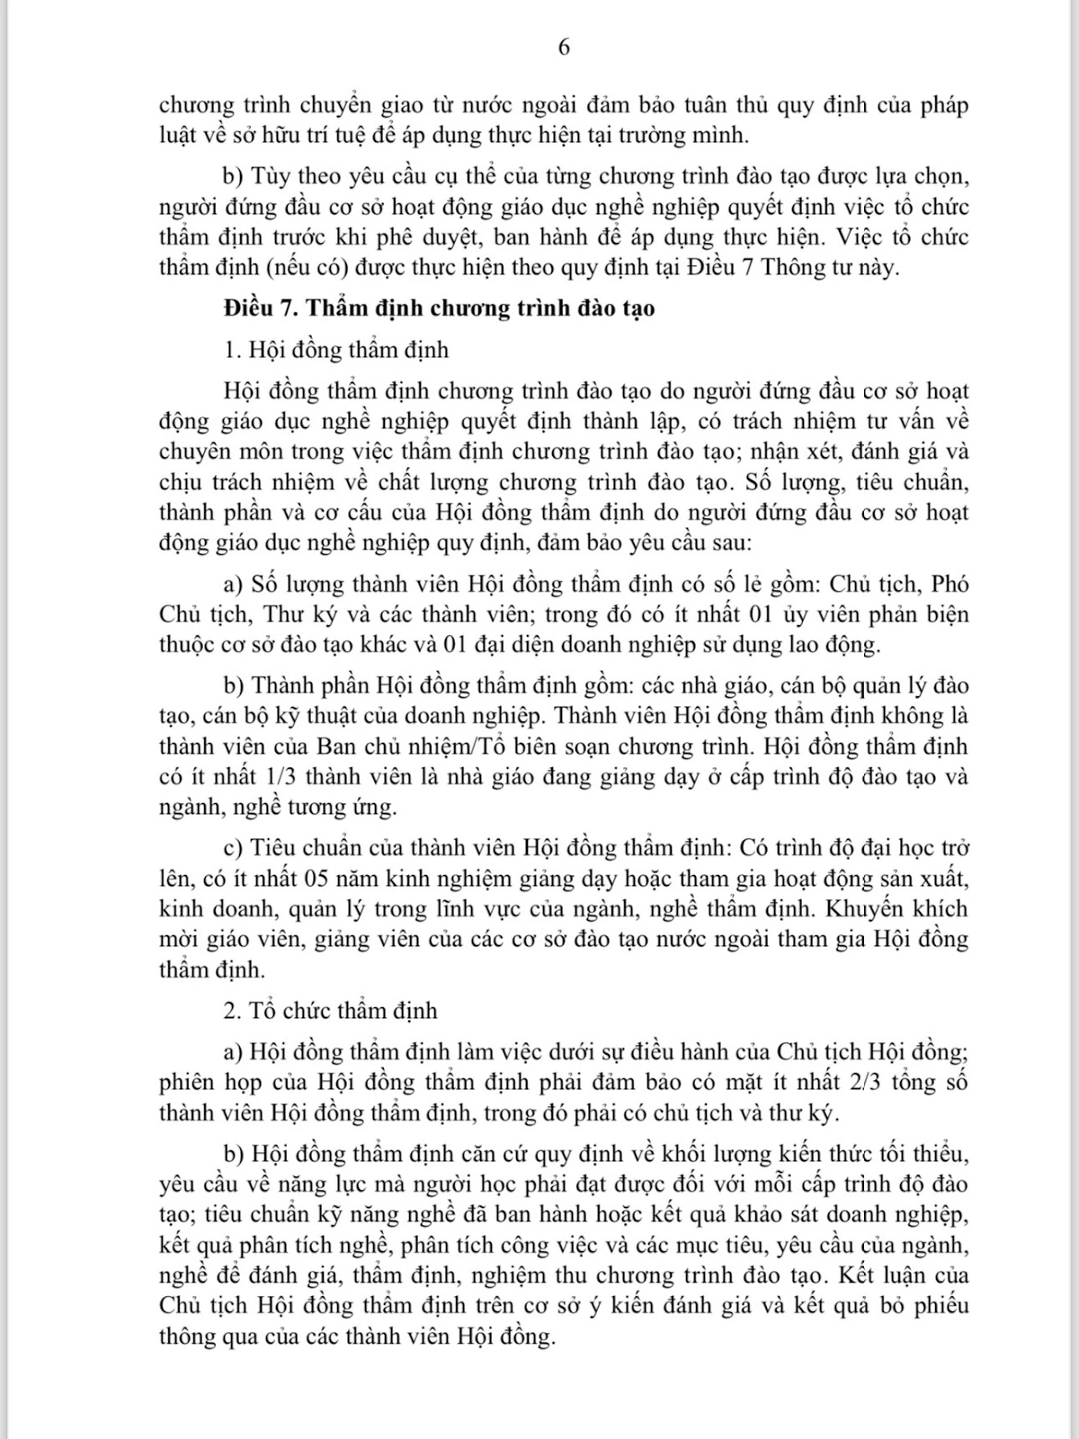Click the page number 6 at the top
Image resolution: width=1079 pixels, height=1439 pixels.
[564, 48]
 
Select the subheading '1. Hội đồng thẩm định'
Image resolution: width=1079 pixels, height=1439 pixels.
[335, 349]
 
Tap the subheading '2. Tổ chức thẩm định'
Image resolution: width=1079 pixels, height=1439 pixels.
[330, 1010]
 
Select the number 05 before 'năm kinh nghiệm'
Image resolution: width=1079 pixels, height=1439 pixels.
[320, 878]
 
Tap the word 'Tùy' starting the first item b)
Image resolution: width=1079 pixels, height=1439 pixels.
[273, 175]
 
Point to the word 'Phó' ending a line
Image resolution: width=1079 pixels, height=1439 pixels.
[950, 584]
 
